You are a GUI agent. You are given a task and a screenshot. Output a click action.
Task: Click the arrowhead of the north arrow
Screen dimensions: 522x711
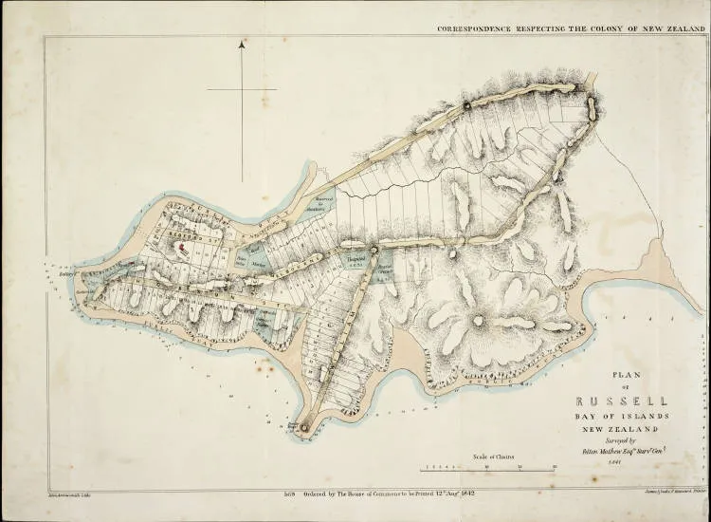pyautogui.click(x=244, y=44)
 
